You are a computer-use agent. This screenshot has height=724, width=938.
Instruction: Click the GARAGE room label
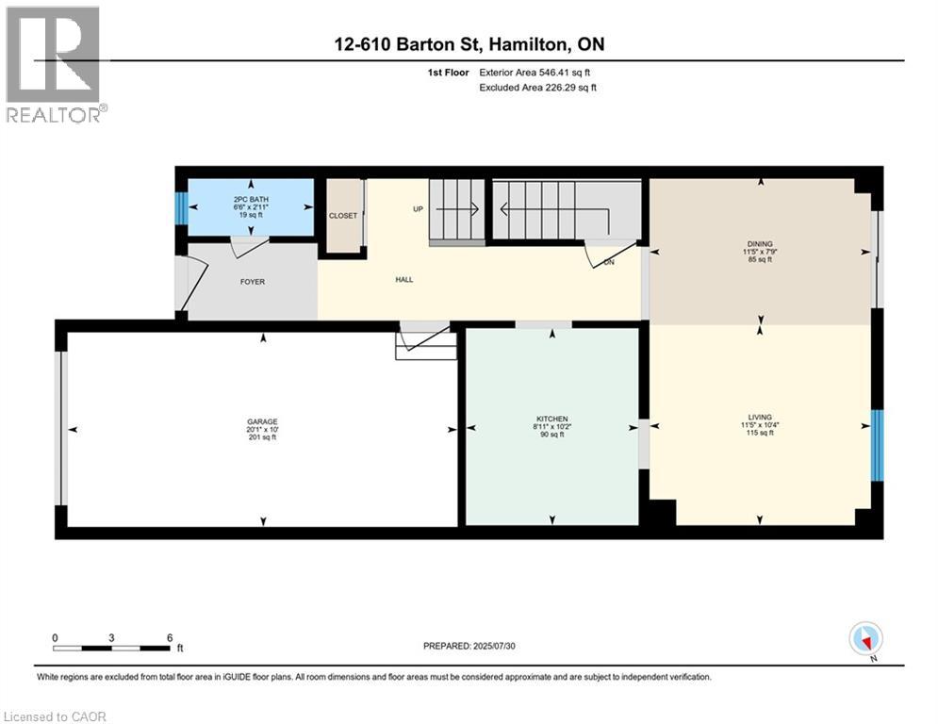tap(263, 421)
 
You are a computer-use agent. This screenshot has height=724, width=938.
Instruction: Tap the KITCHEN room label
tap(551, 419)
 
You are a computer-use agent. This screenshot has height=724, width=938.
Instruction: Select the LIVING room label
tap(760, 417)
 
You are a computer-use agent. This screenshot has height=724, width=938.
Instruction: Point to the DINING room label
tap(760, 244)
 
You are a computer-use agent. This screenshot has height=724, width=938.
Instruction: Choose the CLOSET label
tap(343, 216)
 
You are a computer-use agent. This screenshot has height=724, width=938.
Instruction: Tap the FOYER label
tap(253, 280)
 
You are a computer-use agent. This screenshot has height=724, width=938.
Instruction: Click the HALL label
tap(403, 279)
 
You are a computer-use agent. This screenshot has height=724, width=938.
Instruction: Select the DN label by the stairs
tap(609, 263)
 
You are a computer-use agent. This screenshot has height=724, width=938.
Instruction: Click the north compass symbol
tap(864, 639)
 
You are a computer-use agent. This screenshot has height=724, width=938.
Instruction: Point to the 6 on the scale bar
tap(169, 637)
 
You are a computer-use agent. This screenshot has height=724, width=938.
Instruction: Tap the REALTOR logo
tap(54, 64)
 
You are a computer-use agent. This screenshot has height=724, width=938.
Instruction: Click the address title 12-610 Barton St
tap(468, 43)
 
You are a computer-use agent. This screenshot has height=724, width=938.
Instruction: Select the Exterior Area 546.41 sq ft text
tap(535, 72)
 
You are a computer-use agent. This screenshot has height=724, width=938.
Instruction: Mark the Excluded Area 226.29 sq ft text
tap(537, 88)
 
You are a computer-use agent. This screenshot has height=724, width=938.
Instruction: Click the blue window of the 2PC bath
tap(181, 208)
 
